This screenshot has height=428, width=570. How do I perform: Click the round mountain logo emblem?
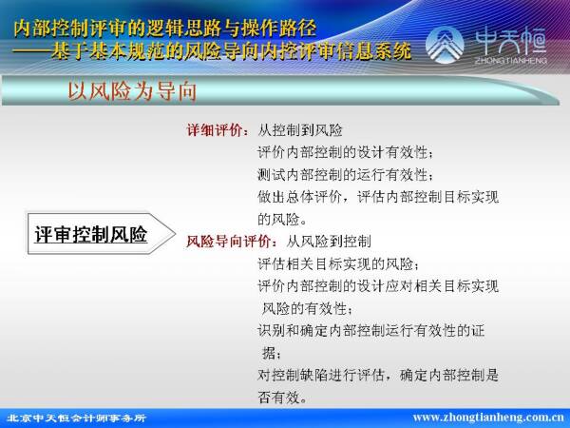pyautogui.click(x=445, y=45)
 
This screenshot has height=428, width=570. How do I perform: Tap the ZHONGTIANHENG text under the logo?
pyautogui.click(x=511, y=60)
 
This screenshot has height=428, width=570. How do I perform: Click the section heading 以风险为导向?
pyautogui.click(x=132, y=90)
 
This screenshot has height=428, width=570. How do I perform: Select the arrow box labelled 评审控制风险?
pyautogui.click(x=102, y=234)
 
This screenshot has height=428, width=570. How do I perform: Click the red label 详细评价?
pyautogui.click(x=216, y=130)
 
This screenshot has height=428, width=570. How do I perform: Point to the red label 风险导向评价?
pyautogui.click(x=229, y=242)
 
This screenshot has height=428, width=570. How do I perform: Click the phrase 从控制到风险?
pyautogui.click(x=300, y=130)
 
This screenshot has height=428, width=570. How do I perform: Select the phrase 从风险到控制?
pyautogui.click(x=329, y=242)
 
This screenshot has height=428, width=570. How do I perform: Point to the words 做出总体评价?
pyautogui.click(x=299, y=197)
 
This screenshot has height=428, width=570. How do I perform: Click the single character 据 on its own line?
pyautogui.click(x=270, y=353)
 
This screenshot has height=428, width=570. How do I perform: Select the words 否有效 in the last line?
pyautogui.click(x=278, y=397)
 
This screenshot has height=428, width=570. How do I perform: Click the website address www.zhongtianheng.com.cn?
pyautogui.click(x=488, y=418)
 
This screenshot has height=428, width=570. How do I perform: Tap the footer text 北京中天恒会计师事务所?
pyautogui.click(x=76, y=418)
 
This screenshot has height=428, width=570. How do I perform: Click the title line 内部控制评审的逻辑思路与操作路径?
pyautogui.click(x=164, y=29)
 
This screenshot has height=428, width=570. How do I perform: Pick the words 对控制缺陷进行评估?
pyautogui.click(x=321, y=375)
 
